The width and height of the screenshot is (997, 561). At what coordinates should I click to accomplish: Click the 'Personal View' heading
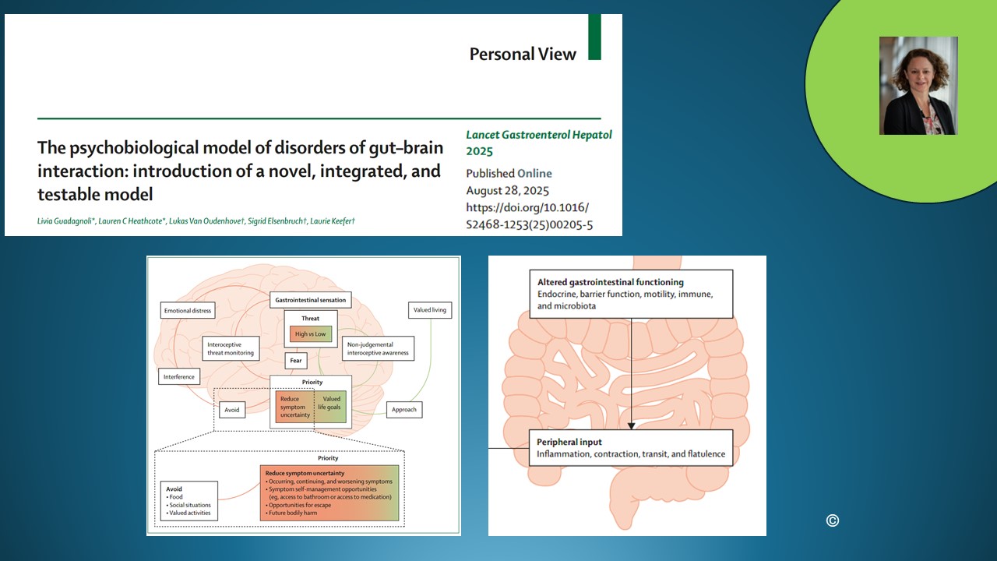523,55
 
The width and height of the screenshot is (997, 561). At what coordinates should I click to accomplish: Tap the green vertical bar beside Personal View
594,37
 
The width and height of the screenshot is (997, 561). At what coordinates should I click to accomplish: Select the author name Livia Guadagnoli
65,221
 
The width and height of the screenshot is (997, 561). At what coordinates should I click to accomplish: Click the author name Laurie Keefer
331,221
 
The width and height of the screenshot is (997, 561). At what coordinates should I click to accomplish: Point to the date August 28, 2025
507,191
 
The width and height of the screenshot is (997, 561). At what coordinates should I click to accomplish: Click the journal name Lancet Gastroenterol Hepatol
539,135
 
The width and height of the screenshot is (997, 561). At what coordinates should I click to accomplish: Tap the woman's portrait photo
918,86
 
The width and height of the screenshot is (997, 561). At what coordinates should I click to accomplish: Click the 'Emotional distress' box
188,310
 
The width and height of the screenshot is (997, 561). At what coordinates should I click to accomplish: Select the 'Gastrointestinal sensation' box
310,300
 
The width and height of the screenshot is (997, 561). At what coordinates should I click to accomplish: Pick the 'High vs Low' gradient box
310,334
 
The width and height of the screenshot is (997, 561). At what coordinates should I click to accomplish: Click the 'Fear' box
295,361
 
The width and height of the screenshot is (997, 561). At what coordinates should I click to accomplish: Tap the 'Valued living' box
429,310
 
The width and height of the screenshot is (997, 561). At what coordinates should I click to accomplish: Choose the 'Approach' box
403,410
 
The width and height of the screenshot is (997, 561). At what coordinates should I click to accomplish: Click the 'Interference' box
179,376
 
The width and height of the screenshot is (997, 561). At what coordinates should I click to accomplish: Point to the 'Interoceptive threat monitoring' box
230,348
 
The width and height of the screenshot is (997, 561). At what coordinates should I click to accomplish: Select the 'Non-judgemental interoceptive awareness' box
378,348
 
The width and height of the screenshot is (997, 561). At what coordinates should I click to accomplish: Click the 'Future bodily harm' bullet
291,513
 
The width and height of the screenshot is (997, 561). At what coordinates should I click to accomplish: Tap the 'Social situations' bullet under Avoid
188,505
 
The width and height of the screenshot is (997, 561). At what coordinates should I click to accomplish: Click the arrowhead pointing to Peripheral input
631,426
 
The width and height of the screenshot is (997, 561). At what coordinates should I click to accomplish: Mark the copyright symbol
833,520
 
